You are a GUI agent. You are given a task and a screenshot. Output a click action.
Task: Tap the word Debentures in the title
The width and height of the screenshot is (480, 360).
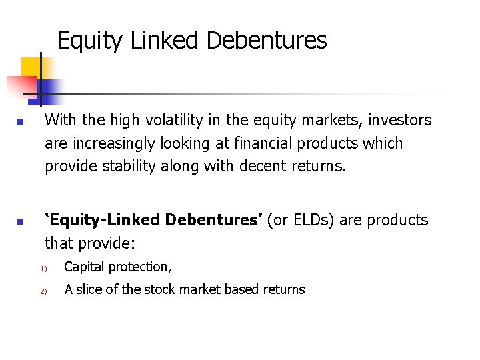click(x=267, y=41)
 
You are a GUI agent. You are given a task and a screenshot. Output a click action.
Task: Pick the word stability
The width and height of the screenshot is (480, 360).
click(x=129, y=165)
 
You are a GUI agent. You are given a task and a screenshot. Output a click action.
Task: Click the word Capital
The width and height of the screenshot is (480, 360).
click(x=84, y=267)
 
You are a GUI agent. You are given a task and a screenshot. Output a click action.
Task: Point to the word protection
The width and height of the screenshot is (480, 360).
click(x=139, y=267)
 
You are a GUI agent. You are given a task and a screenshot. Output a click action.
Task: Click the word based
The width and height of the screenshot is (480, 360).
click(x=241, y=289)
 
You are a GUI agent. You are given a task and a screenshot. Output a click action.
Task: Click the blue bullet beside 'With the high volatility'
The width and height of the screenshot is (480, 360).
click(x=21, y=123)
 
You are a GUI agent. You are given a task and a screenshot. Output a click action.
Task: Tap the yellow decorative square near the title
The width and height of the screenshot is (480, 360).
click(x=30, y=67)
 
